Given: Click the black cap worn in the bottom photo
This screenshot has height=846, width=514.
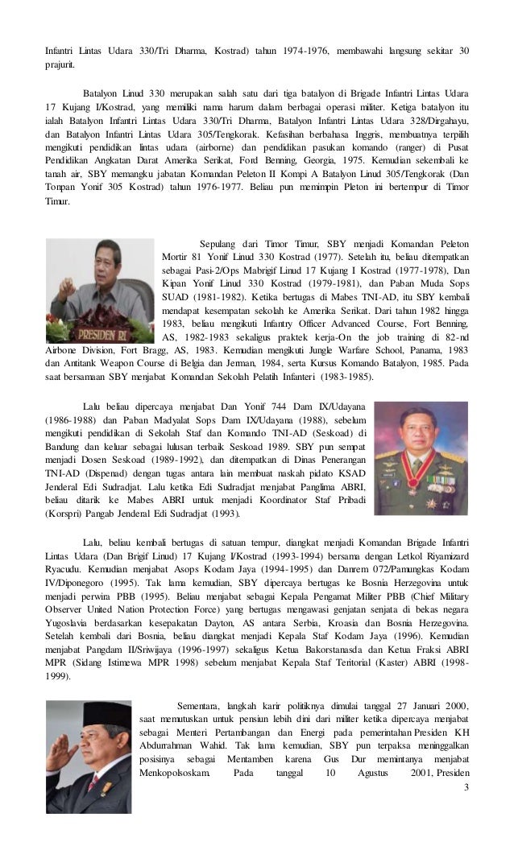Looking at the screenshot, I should click(x=88, y=718).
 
